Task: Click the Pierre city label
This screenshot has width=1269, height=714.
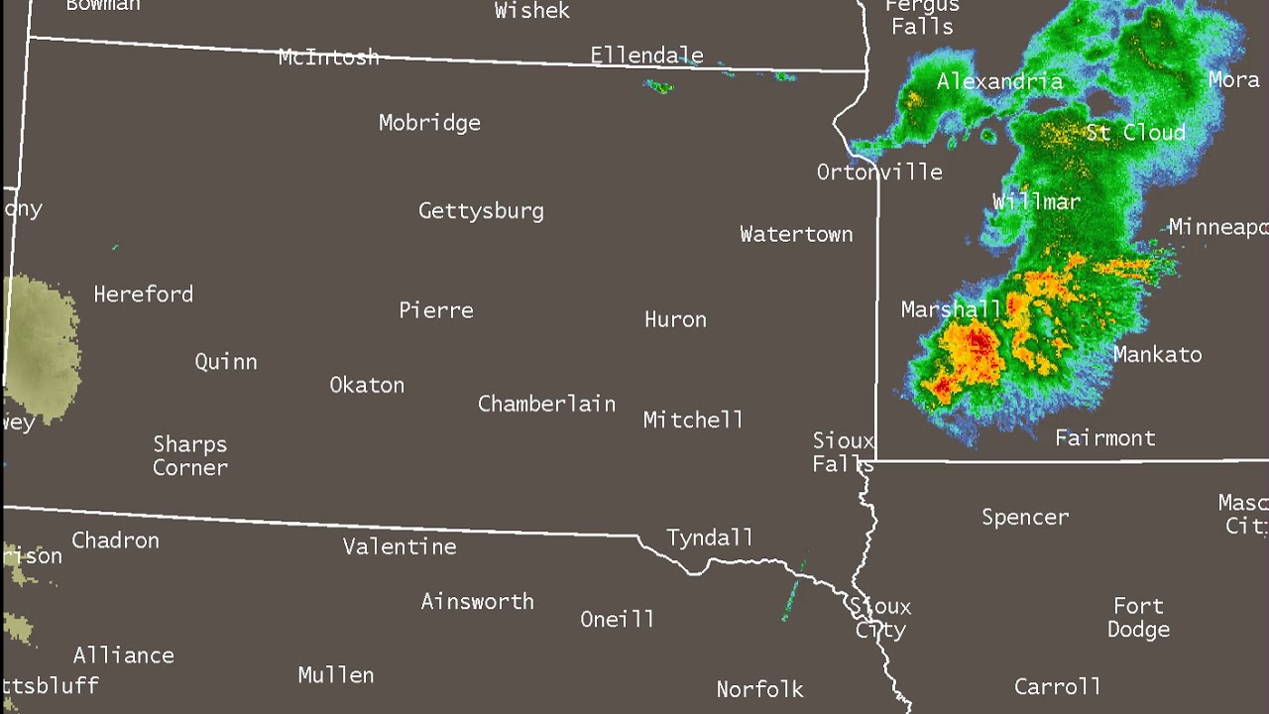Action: [436, 310]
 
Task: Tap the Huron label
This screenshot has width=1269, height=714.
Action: [675, 319]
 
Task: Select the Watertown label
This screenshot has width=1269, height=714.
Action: [796, 234]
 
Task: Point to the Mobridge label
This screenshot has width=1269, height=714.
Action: [429, 123]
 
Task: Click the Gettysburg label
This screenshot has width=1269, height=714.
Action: [481, 211]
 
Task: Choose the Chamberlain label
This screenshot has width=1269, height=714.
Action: [546, 404]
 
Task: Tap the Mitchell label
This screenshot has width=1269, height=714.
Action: [693, 419]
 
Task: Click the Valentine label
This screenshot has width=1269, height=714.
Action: [400, 546]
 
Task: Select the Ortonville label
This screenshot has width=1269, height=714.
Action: [879, 172]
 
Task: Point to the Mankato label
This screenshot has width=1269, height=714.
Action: [1157, 354]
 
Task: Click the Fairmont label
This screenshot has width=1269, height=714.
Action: [1104, 437]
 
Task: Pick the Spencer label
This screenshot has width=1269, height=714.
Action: [1025, 517]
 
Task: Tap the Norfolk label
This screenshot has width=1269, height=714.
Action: [759, 689]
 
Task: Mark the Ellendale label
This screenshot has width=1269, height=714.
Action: [646, 56]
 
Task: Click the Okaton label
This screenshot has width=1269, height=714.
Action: [367, 385]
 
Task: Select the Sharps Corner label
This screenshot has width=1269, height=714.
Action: [190, 455]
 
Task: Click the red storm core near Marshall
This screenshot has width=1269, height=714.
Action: [980, 344]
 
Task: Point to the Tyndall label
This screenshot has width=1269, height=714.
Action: [709, 537]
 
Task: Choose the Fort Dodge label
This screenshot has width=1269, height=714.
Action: [1138, 617]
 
